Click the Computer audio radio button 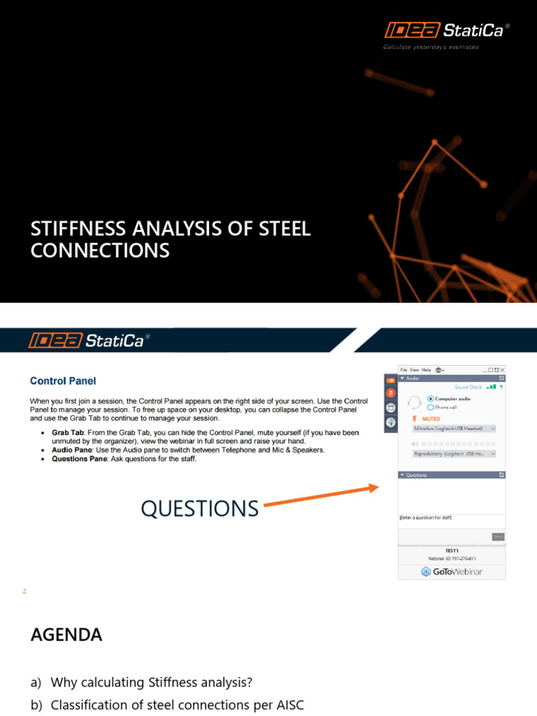[429, 399]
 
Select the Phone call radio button [429, 407]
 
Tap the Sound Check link [468, 387]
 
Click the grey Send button [498, 536]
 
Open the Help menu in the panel [426, 369]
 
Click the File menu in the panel [403, 369]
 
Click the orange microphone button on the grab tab [391, 393]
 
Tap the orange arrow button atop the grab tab [391, 380]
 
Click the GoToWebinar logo [452, 571]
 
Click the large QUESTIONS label [199, 508]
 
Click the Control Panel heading [63, 381]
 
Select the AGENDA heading [66, 635]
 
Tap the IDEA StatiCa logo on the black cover [446, 30]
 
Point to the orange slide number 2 [24, 592]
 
